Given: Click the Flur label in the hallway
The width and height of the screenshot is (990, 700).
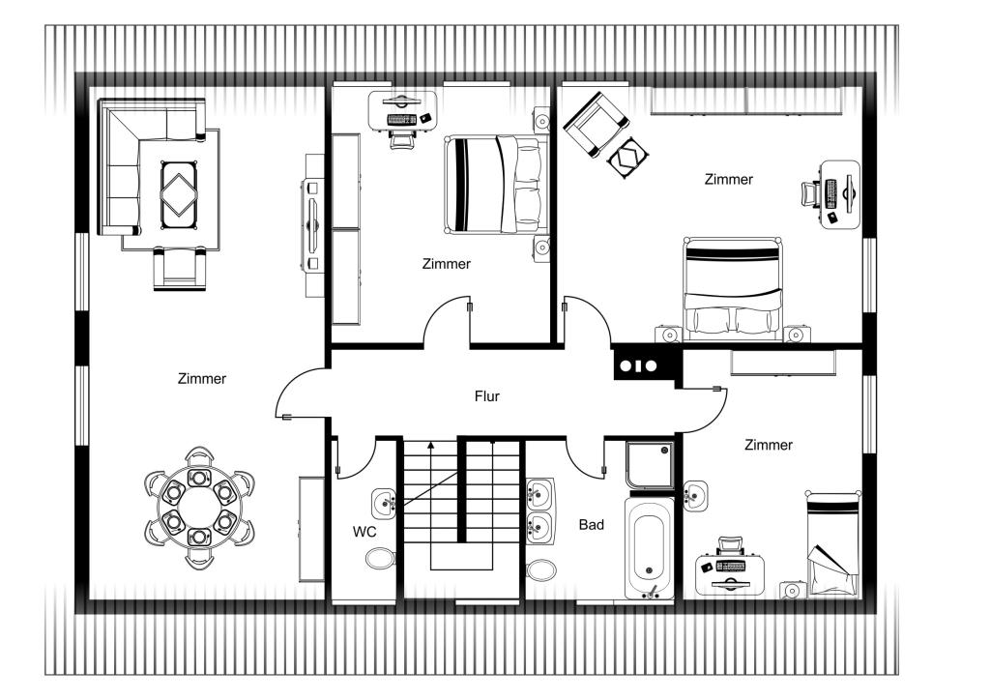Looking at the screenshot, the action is click(x=487, y=396).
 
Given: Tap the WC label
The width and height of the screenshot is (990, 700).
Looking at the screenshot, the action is click(x=364, y=532).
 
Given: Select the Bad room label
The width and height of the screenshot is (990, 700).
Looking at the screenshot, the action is click(x=591, y=525).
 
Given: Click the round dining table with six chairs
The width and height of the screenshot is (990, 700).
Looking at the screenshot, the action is click(x=199, y=508).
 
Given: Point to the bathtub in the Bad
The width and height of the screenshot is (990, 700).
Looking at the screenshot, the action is click(x=650, y=546).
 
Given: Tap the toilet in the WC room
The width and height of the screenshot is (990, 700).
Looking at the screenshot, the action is click(x=380, y=559).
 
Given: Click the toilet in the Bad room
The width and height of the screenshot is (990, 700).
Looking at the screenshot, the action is click(x=541, y=570).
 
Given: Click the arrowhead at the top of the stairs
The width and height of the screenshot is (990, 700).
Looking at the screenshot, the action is click(x=431, y=445).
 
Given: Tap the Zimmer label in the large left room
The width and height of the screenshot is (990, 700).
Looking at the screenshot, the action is click(x=202, y=379).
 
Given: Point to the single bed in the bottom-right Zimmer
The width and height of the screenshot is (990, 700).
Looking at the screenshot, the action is click(x=832, y=543).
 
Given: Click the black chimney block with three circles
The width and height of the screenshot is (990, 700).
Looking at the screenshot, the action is click(x=638, y=365).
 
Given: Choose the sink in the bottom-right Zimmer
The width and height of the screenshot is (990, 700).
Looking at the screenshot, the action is click(x=695, y=494).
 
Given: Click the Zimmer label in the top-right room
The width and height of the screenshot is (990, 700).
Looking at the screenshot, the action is click(x=729, y=179).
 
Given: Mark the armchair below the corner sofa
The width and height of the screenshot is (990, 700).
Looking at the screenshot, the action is click(x=180, y=269).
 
